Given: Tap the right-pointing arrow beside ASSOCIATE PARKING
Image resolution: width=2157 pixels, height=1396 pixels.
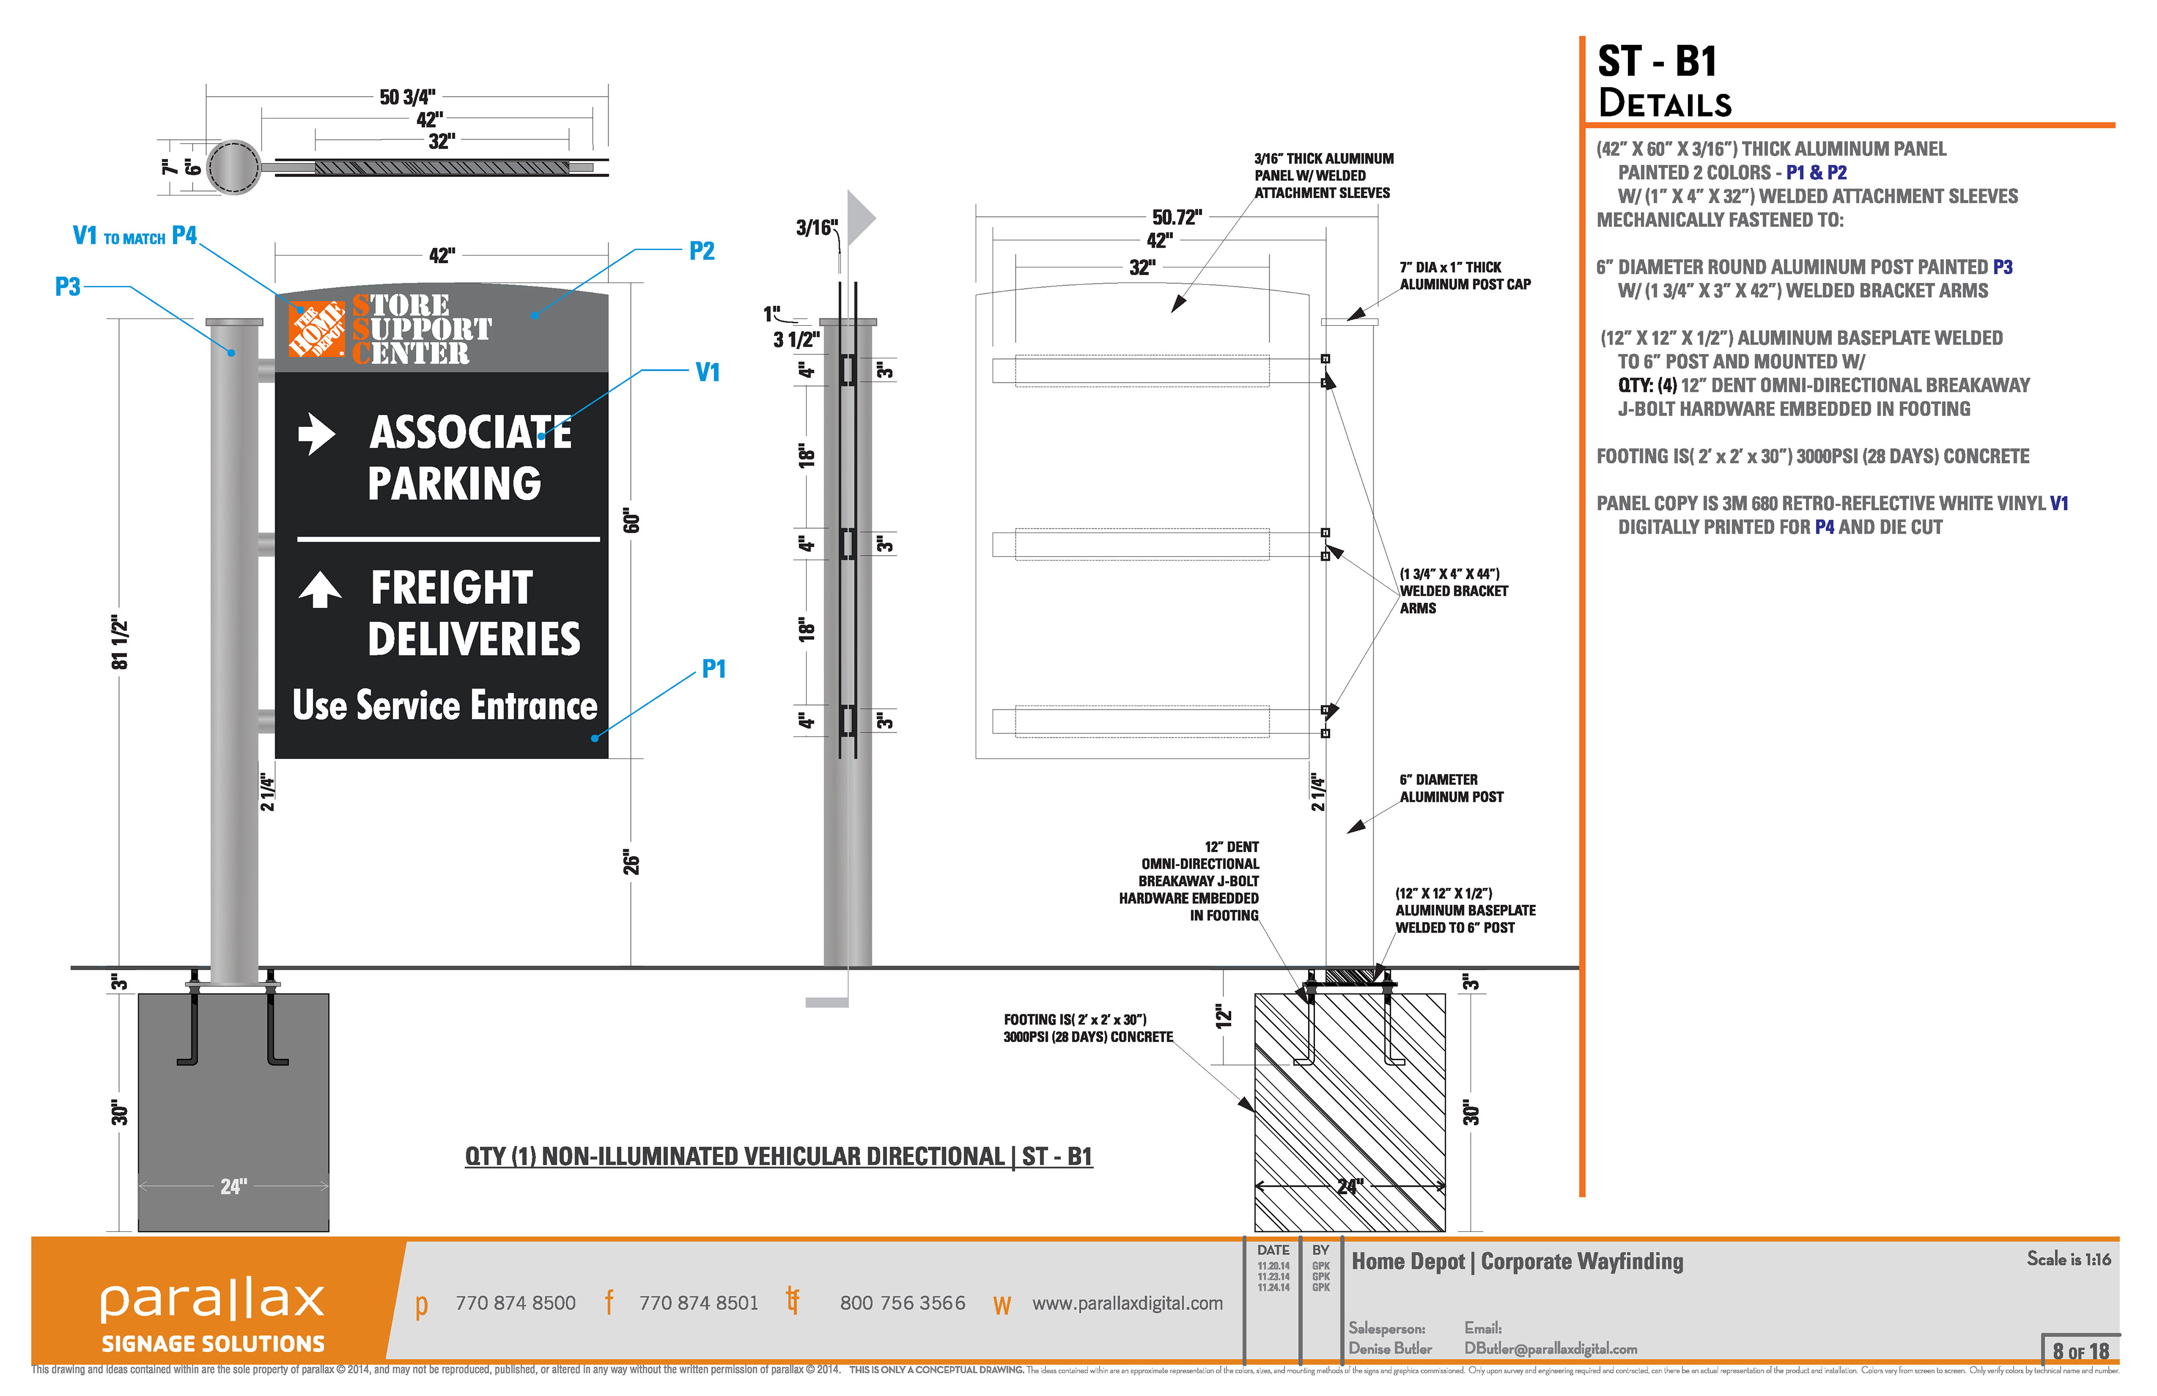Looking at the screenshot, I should pos(316,433).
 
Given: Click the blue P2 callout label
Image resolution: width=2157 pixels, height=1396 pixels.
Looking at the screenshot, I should pos(702,251).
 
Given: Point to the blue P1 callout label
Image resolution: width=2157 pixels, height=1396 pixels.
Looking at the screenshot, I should pos(713,669).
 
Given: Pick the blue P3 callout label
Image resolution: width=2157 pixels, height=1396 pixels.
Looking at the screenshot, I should pos(68,288).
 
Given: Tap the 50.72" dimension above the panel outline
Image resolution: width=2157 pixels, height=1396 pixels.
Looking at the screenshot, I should pos(1176,217).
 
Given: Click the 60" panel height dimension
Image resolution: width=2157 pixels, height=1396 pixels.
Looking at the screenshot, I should pos(632,521).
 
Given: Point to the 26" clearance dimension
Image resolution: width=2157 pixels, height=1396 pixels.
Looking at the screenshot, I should pos(632,863).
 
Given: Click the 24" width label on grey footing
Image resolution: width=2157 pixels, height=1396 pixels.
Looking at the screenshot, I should pos(234,1186).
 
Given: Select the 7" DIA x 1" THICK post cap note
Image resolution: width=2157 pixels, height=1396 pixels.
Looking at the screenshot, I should pos(1464,276).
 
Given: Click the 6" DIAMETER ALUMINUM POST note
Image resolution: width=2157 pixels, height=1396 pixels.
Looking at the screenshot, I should pos(1450,788).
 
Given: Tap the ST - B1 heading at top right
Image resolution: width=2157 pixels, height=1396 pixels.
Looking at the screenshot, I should pos(1657,62).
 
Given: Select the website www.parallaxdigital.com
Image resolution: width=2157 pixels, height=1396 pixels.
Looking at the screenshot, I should pos(1127,1303).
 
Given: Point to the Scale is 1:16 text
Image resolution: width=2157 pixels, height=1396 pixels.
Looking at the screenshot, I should pos(2068,1259).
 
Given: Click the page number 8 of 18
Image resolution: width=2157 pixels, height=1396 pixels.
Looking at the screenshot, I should pos(2080,1350).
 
